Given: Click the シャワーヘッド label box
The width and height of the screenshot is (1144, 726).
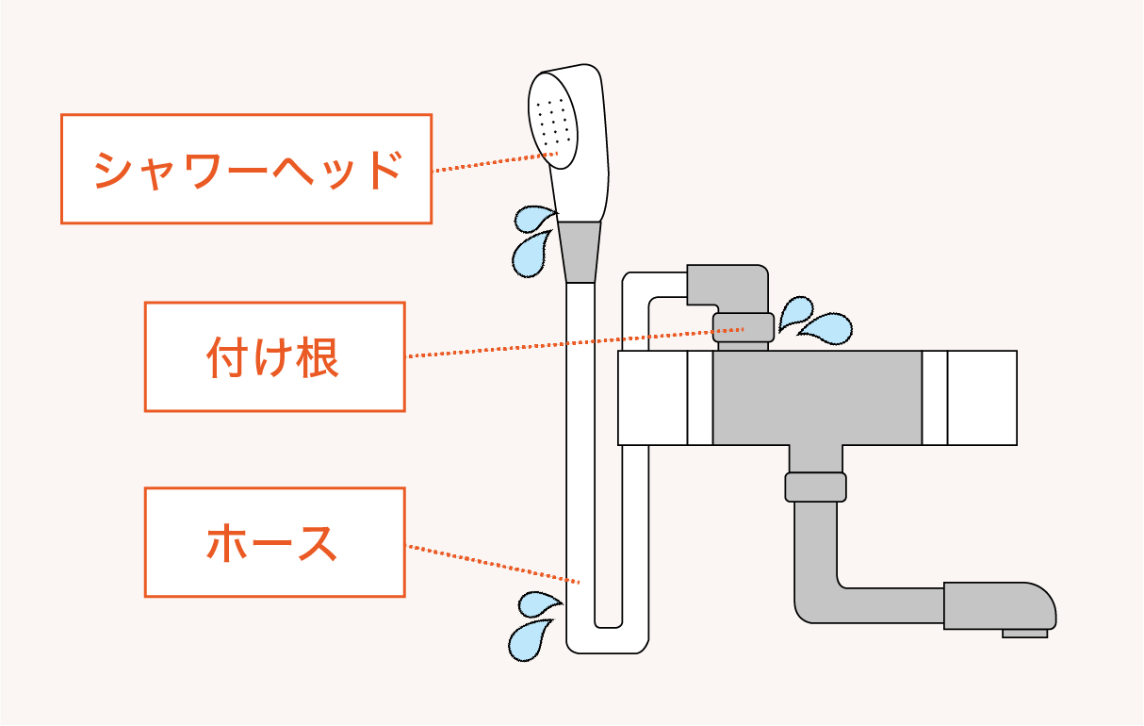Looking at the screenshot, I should click(x=246, y=169).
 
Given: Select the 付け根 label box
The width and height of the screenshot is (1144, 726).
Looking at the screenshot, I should click(x=274, y=356).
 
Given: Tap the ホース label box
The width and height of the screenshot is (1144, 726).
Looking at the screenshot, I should click(x=274, y=542).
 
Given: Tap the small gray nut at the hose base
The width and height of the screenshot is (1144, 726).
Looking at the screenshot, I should click(x=744, y=328).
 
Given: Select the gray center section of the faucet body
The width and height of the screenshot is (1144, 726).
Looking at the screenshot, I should click(x=816, y=397).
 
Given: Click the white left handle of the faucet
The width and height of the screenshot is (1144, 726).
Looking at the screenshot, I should click(x=652, y=397).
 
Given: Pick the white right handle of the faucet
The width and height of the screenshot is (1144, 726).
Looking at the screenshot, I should click(x=982, y=397).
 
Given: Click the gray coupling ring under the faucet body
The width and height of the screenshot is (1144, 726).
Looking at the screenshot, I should click(x=815, y=487).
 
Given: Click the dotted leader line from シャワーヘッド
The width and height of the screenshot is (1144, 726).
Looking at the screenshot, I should click(x=490, y=162).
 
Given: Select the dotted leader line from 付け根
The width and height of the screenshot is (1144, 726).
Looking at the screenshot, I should click(x=565, y=341).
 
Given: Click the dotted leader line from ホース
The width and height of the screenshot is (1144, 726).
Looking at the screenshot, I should click(x=490, y=563).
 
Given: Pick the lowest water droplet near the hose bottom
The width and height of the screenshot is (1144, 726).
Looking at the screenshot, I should click(x=528, y=640).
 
